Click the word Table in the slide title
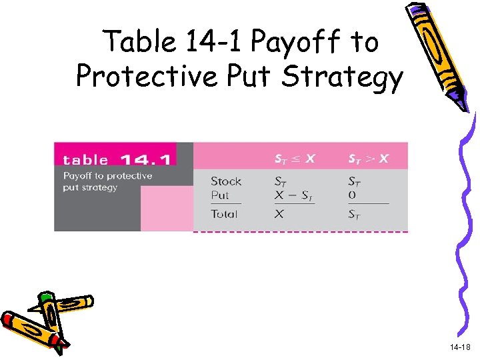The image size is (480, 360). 137,43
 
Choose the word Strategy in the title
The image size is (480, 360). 343,77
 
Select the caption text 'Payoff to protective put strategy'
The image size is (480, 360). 107,181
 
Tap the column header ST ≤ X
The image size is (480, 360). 295,159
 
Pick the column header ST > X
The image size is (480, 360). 369,159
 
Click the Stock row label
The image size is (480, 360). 226,181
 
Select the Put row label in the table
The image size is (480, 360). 220,195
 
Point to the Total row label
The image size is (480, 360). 224,214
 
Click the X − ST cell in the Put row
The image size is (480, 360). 294,196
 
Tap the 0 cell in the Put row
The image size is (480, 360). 352,195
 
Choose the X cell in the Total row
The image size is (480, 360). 280,215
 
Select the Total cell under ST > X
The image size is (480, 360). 355,215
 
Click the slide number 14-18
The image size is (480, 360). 459,347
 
